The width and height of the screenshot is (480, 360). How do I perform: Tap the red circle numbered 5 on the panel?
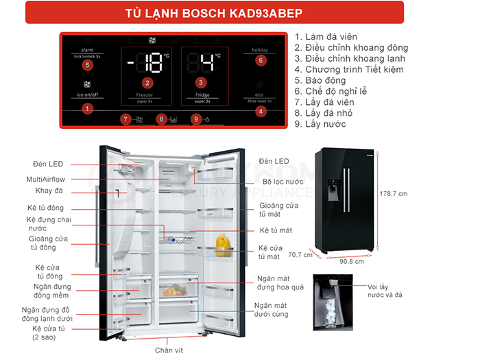pos(87,65)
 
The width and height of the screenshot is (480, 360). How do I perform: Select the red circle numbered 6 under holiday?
pos(261,60)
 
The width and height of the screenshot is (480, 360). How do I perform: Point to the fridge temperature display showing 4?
pos(204,64)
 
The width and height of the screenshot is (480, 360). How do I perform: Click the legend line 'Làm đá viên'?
pos(330,36)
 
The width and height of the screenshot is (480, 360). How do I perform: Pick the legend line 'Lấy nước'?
pos(320,124)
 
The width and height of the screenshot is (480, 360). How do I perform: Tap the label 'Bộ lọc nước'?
pos(283,182)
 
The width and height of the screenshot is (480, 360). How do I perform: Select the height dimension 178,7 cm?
pos(394,194)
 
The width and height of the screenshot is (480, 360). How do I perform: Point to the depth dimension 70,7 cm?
pos(300,256)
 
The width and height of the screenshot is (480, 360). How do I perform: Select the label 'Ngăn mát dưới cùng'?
pos(271,309)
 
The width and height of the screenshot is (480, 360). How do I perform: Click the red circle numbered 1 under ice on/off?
pos(87,108)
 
